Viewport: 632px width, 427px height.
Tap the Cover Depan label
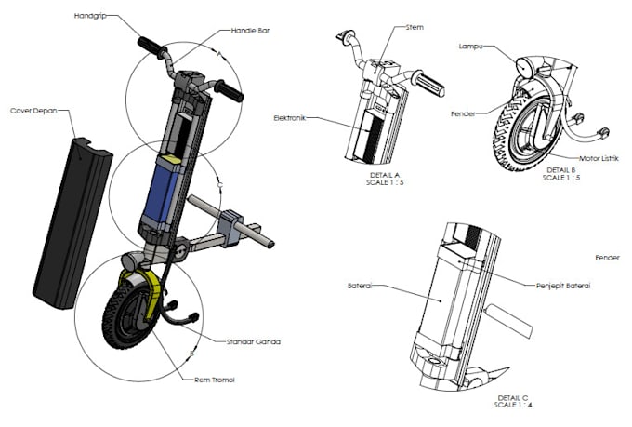33,110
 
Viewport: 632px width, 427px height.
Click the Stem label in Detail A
415,28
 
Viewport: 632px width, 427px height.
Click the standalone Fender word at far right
607,257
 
